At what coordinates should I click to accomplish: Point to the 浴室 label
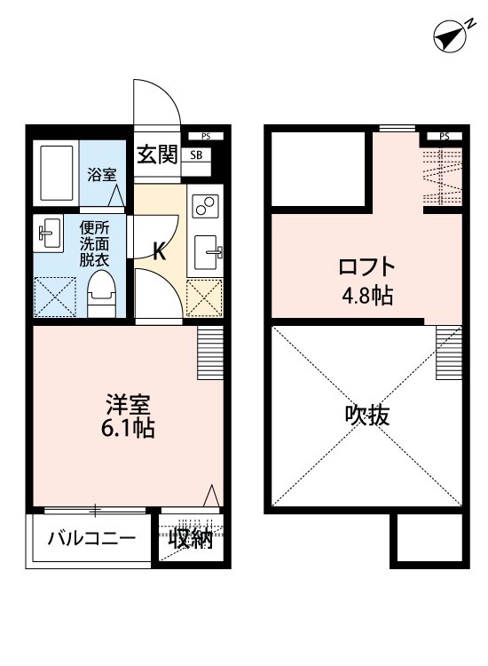[101, 174]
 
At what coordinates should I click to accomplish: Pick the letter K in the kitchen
[160, 251]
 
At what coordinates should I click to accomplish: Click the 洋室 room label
[128, 404]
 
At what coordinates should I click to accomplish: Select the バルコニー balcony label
[91, 538]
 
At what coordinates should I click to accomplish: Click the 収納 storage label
[192, 538]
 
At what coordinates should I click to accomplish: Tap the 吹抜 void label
[367, 415]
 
